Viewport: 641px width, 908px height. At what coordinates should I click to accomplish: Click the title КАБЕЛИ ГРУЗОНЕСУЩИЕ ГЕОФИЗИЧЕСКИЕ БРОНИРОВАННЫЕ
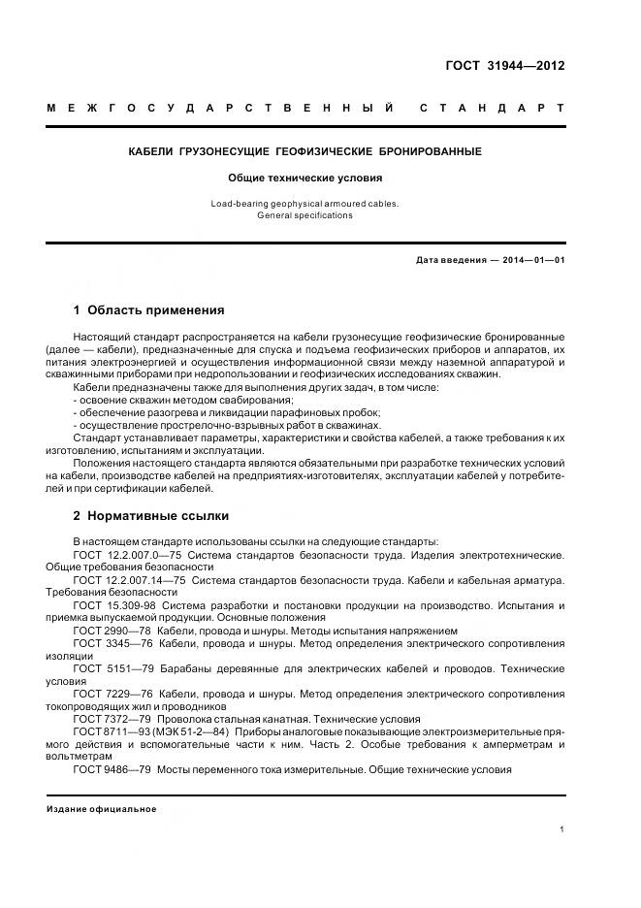(x=305, y=152)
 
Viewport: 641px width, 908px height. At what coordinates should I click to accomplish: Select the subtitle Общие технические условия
(x=305, y=178)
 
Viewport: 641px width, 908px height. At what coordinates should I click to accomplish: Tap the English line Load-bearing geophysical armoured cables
(x=305, y=204)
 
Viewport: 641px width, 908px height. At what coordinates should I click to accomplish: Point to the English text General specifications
(x=305, y=215)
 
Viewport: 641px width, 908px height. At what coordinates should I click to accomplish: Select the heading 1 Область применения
(x=148, y=310)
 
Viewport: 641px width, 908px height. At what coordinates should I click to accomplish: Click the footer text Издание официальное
(x=102, y=809)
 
